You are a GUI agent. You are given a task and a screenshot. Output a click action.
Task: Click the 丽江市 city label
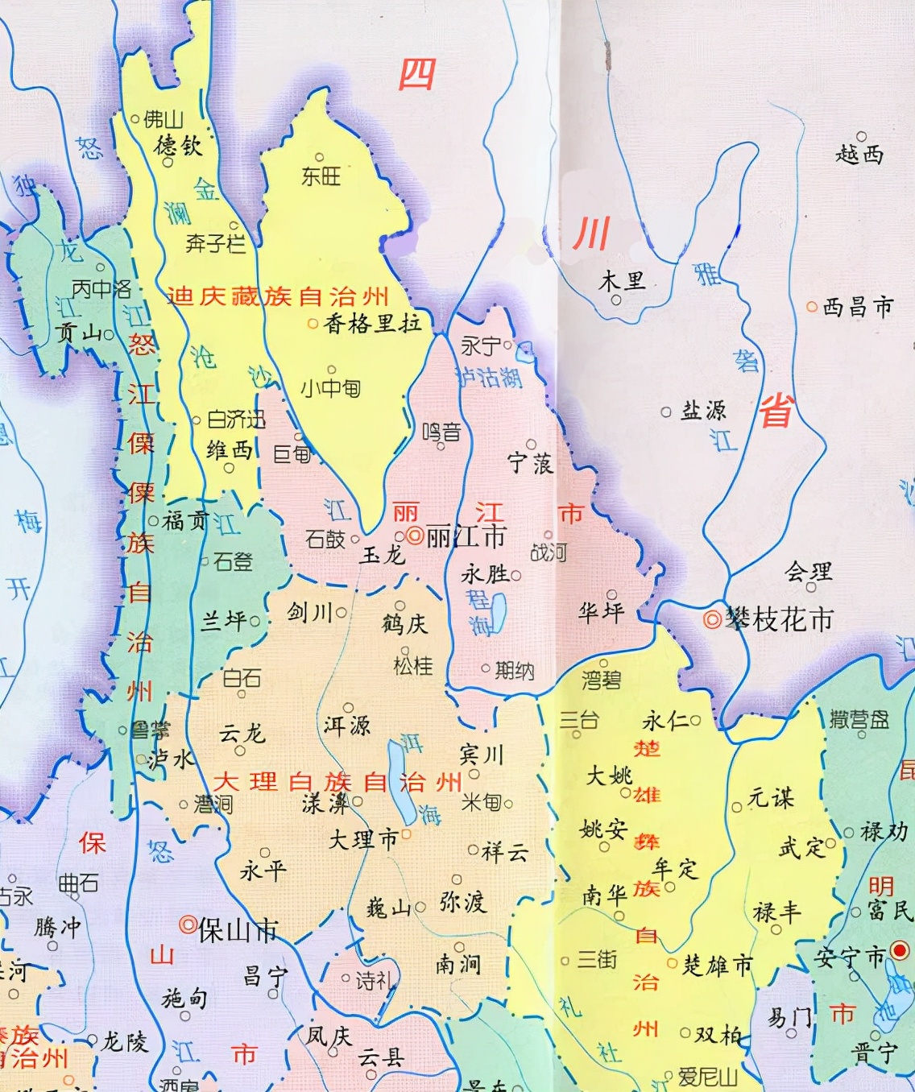(x=466, y=536)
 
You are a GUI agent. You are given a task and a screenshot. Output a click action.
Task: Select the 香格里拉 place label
(x=372, y=324)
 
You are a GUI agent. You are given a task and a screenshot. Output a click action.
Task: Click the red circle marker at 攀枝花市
(x=713, y=619)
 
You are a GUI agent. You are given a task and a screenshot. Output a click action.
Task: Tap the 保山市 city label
(x=238, y=931)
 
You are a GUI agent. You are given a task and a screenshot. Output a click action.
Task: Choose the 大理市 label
(x=363, y=839)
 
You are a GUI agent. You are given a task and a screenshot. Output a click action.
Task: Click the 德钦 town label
(x=179, y=145)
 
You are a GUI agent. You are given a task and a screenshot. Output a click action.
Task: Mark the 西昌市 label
(x=859, y=307)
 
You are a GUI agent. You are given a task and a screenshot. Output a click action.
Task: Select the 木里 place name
(x=622, y=281)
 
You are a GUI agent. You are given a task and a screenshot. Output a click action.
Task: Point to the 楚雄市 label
(x=718, y=965)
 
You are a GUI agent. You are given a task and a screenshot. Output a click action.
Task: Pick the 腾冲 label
(x=57, y=927)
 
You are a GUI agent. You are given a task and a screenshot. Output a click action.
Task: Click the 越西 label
(x=859, y=154)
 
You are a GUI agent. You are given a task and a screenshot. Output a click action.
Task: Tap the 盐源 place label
(x=704, y=411)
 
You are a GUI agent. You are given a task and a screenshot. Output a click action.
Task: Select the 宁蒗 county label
(x=530, y=463)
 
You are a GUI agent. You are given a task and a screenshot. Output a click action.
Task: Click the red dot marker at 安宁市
(x=900, y=951)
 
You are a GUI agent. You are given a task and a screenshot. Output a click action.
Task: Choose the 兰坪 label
(x=223, y=620)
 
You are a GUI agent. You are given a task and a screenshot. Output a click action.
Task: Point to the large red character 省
(x=776, y=412)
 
